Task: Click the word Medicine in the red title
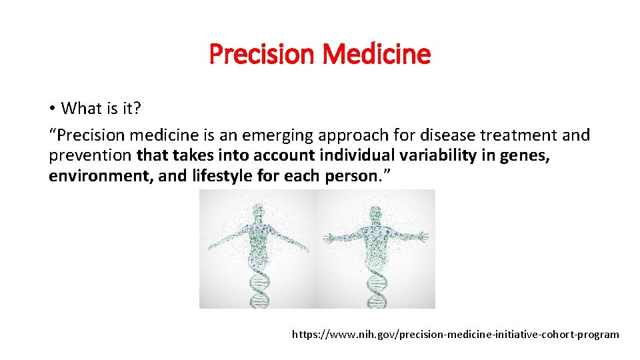(377, 54)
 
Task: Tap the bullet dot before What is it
(52, 109)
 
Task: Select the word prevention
(91, 157)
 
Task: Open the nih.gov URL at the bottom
(455, 334)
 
